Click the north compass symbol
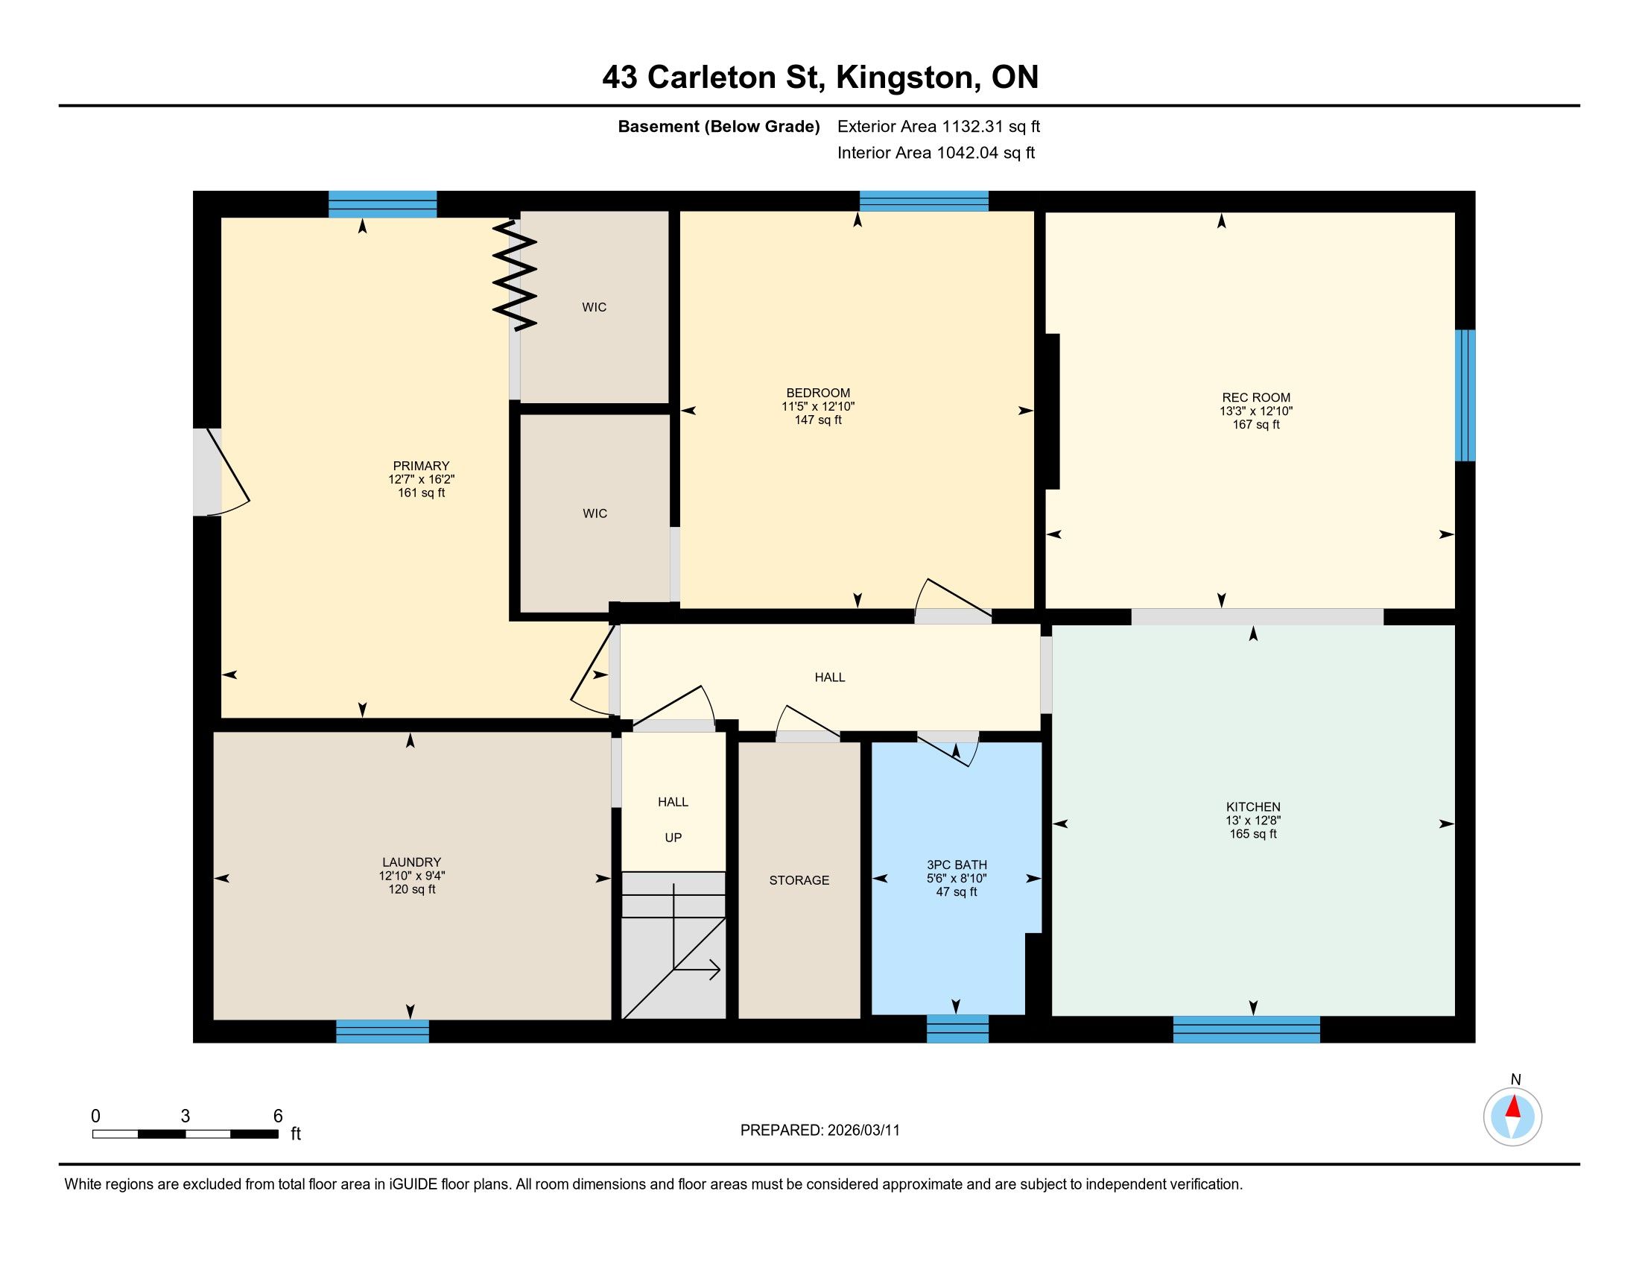coord(1512,1116)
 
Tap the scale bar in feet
coord(186,1134)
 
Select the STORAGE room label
coord(799,880)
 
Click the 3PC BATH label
coord(957,865)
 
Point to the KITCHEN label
coord(1253,807)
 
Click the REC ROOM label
coord(1256,398)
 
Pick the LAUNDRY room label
coord(411,862)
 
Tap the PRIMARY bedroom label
coord(421,465)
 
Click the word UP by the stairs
coord(673,838)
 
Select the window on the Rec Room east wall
coord(1465,396)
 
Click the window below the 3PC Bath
coord(957,1029)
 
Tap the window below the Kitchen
coord(1246,1029)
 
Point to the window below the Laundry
coord(383,1031)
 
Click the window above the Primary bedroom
coord(383,204)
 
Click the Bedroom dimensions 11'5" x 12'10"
coord(818,406)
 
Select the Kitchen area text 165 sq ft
coord(1253,834)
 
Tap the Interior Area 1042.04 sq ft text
coord(936,153)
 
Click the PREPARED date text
coord(820,1130)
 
